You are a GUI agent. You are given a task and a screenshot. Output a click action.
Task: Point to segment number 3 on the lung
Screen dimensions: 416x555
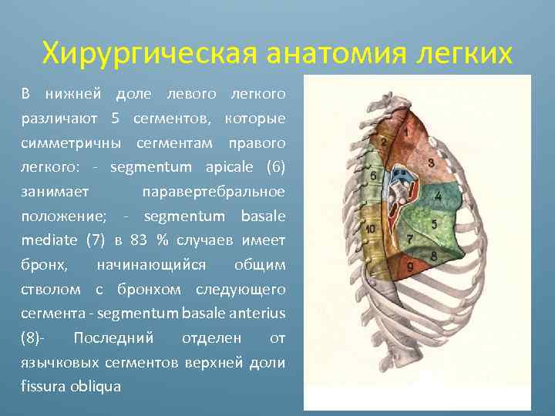430,163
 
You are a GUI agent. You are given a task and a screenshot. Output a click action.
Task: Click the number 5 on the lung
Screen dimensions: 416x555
434,224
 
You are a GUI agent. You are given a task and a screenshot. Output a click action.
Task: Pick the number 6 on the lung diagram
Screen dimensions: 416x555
374,176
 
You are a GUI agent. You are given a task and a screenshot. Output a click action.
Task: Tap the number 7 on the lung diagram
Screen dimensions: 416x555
409,238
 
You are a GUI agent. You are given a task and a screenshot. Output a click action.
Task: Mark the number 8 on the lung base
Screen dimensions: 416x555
433,255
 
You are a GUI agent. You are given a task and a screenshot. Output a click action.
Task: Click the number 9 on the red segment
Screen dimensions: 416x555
409,266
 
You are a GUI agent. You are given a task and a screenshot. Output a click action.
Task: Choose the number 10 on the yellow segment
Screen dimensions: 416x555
371,229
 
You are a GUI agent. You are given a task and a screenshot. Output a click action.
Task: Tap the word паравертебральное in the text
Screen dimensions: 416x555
214,191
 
